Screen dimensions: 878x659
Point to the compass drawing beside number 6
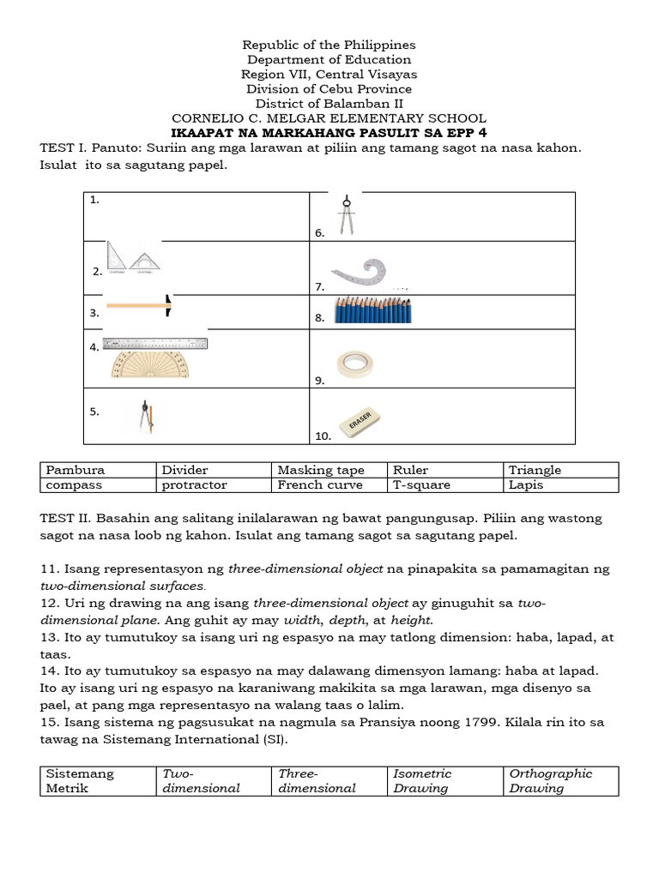tap(347, 215)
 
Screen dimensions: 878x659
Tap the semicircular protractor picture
tap(151, 365)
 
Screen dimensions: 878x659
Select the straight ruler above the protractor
tap(155, 344)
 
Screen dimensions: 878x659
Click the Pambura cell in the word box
tap(98, 470)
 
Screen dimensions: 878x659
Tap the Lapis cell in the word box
tap(561, 484)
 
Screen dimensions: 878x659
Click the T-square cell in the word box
tap(445, 484)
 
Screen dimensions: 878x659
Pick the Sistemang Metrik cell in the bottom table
tap(98, 780)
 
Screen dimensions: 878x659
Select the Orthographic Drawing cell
tap(561, 780)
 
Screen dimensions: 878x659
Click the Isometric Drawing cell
tap(445, 780)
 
